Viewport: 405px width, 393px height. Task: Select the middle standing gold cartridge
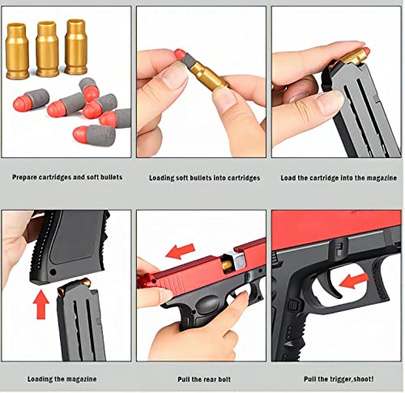tap(45, 50)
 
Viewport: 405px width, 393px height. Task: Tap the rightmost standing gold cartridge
tap(75, 50)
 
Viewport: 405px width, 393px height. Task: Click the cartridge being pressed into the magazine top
tap(354, 56)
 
